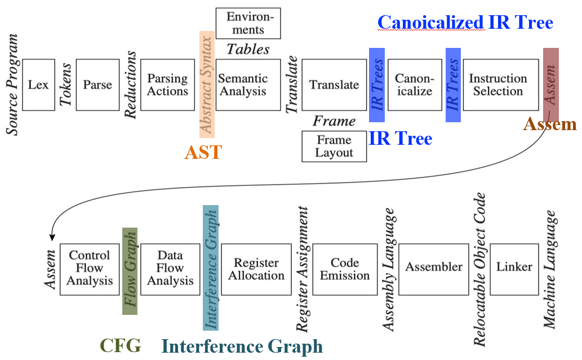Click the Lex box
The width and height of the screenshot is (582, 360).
pos(38,85)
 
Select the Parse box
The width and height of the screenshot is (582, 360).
pos(97,85)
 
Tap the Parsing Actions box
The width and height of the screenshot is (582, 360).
pos(167,85)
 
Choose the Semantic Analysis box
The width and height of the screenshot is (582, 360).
pos(248,85)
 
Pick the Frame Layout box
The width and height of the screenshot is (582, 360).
pos(334,146)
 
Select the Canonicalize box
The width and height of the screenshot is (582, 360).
pos(414,85)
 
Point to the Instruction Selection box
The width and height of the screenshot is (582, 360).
pos(498,85)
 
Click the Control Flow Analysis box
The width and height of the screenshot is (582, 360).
pos(90,268)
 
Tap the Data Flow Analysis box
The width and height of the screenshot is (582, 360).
pos(170,268)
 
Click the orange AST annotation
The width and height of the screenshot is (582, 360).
pos(203,152)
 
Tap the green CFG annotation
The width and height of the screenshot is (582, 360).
pos(120,345)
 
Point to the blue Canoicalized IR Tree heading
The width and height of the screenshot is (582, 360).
pos(465,23)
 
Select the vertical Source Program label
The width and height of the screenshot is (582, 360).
pos(12,85)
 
